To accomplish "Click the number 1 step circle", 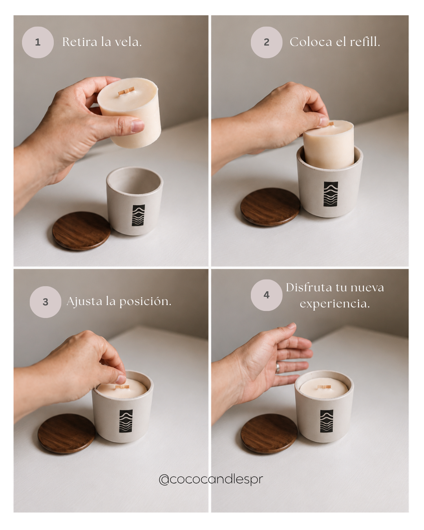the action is (x=38, y=42).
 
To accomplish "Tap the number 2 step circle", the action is (x=266, y=42).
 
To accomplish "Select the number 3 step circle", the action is (x=45, y=302).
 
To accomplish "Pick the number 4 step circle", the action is (x=266, y=295).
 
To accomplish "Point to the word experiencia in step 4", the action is (x=335, y=304).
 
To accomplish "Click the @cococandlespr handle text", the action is (x=211, y=480).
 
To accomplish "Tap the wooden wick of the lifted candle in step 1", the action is (x=126, y=91).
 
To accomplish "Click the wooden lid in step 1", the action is (x=81, y=231).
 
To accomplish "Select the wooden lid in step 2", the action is (x=270, y=207).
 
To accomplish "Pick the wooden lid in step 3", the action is (x=66, y=433).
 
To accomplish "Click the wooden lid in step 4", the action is (x=269, y=433).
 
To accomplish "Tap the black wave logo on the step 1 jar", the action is (x=139, y=215).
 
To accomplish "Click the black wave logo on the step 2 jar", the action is (x=331, y=194).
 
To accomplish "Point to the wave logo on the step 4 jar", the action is (x=327, y=421).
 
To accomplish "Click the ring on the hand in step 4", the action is (x=278, y=368).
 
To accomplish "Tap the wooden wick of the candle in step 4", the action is (x=324, y=387).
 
